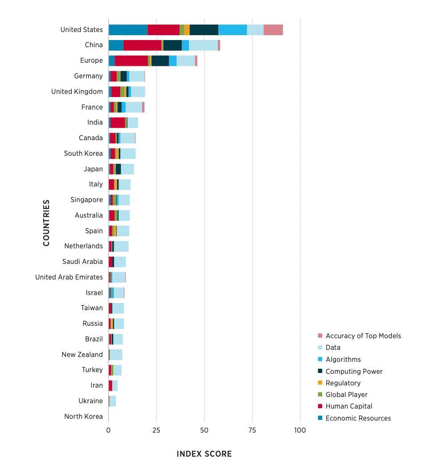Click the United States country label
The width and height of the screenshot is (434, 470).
82,30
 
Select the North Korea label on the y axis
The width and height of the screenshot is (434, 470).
83,417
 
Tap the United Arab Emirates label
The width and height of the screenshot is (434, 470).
69,277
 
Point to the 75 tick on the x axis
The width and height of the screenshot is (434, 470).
252,430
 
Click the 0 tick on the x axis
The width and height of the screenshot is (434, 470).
108,430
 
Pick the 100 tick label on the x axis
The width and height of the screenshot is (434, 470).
300,430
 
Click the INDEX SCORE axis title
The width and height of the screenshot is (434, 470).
204,454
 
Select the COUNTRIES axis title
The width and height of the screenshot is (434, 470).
46,223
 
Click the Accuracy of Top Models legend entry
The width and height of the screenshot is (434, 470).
363,336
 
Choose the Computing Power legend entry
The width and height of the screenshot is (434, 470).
354,371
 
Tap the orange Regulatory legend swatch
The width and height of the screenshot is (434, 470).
319,383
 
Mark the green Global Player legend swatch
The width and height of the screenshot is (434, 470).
319,395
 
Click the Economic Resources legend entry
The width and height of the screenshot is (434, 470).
358,418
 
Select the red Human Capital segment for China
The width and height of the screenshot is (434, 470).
142,45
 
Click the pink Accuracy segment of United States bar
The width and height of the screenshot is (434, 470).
273,30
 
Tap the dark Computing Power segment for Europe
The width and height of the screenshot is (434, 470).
160,61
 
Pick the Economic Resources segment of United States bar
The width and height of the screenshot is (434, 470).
127,30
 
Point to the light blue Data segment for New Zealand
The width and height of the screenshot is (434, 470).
116,355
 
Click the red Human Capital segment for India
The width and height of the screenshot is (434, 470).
118,122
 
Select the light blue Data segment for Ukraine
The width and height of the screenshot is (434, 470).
112,401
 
